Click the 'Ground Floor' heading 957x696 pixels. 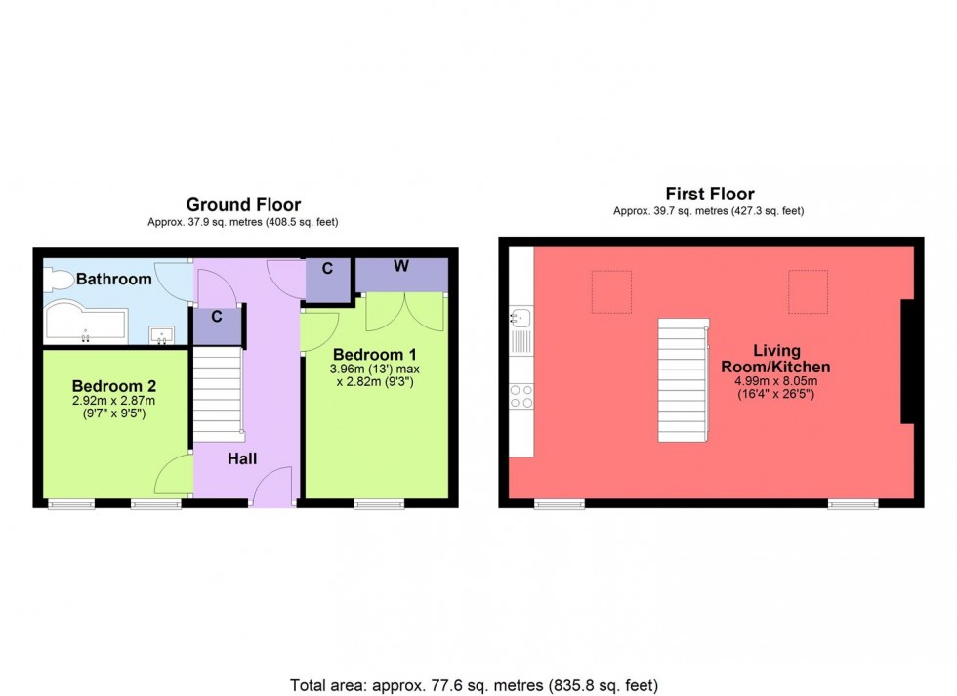243,204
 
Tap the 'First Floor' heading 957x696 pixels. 709,194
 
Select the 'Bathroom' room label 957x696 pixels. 114,280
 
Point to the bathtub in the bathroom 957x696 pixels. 84,324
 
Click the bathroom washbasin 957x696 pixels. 163,335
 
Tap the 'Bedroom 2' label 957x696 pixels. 114,385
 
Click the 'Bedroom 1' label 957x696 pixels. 375,353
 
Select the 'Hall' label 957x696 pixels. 242,457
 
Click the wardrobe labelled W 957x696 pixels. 401,275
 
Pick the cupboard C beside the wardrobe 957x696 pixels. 328,279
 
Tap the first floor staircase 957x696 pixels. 682,379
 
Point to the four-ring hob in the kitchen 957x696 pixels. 521,395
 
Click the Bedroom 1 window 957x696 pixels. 380,504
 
